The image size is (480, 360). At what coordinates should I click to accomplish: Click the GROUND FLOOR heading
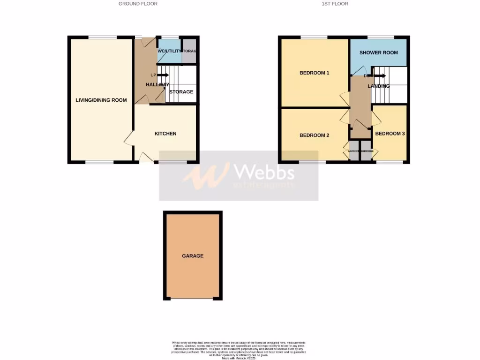(138, 4)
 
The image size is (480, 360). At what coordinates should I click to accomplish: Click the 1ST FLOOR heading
(335, 4)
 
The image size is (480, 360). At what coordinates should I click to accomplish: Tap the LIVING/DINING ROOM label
(102, 100)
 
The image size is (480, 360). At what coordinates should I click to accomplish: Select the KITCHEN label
(165, 134)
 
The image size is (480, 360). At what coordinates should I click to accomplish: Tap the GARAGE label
(193, 256)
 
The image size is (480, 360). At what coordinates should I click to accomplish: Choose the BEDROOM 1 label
(315, 73)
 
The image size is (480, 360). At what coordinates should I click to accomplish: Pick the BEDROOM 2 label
(315, 135)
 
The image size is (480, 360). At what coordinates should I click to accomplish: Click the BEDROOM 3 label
(390, 134)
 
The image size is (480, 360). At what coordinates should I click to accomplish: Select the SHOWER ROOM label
(379, 52)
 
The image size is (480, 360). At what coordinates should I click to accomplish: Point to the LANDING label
(379, 86)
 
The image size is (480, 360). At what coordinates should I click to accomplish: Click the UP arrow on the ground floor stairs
(162, 75)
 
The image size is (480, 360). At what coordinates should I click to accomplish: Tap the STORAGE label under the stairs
(181, 92)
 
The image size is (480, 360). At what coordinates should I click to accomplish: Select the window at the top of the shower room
(381, 37)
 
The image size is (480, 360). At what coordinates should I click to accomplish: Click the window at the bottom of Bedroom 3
(390, 162)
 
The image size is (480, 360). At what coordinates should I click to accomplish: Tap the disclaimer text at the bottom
(240, 350)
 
